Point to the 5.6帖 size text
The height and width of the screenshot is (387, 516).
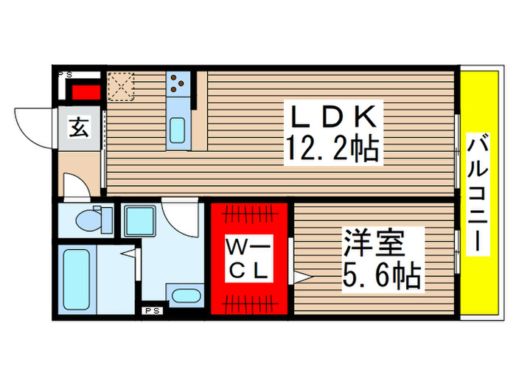point(381,277)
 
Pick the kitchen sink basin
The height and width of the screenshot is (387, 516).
point(178,129)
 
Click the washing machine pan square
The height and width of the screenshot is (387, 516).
point(138,220)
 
